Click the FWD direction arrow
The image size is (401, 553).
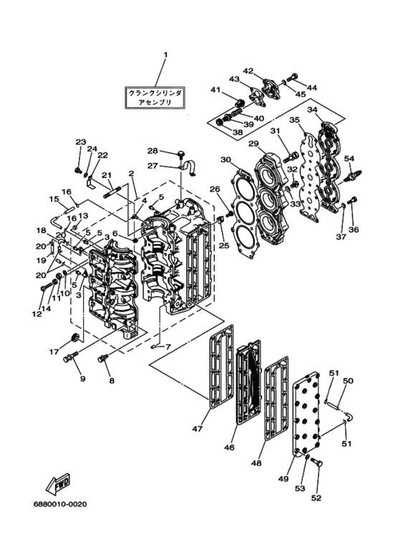[x=58, y=484]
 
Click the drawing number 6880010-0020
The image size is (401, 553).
[x=60, y=504]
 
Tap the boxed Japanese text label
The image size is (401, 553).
[x=155, y=97]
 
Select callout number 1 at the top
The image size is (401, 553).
[x=165, y=55]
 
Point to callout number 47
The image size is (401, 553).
[x=198, y=429]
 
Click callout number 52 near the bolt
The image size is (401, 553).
[x=317, y=498]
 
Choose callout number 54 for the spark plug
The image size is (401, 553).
[x=349, y=159]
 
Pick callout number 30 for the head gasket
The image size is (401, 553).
[x=226, y=160]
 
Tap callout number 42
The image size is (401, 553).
[x=248, y=71]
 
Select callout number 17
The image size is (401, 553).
[x=54, y=352]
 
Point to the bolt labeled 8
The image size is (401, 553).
[x=103, y=358]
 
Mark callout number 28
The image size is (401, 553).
[x=153, y=151]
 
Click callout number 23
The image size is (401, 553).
[x=81, y=142]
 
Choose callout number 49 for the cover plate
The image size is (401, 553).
[x=284, y=479]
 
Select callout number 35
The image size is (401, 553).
[x=295, y=120]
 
